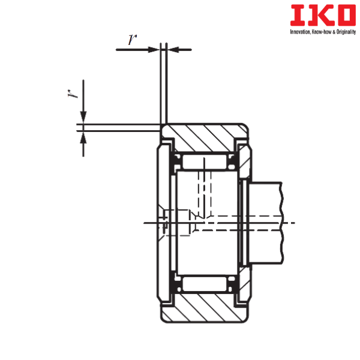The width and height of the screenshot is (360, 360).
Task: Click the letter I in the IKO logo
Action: point(295,16)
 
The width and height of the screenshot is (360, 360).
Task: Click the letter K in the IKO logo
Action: point(315,16)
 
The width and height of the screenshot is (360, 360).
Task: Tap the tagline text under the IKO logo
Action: point(322,31)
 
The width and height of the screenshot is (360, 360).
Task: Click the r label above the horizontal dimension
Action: point(131,40)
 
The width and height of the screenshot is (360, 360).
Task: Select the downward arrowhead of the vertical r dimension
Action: point(83,118)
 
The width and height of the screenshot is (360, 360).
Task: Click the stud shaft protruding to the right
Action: point(264,222)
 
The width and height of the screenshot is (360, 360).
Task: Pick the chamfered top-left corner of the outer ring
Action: point(163,127)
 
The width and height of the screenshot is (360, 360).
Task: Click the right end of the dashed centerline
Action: point(294,223)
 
